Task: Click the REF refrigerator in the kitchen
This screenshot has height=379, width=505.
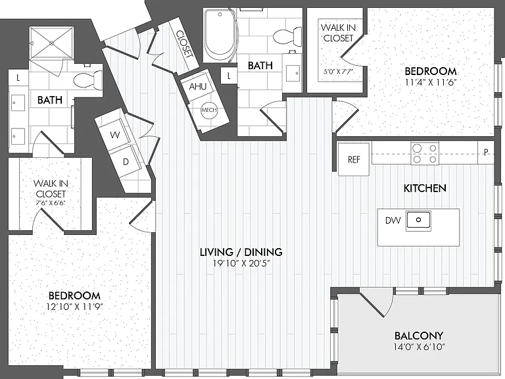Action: coord(354,159)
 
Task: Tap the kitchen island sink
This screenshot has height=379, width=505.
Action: coord(418,220)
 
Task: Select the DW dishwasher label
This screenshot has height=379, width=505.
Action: coord(393,220)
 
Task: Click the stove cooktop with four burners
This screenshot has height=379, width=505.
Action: coord(425,153)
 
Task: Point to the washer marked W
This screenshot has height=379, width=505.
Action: coord(114,135)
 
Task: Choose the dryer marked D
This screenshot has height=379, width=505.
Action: coord(126,161)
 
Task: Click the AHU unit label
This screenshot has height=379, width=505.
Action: coord(198,86)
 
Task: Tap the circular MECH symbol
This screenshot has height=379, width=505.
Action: coord(208,110)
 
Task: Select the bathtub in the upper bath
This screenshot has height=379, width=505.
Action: coord(220,35)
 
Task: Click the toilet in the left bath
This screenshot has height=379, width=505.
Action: coord(88,79)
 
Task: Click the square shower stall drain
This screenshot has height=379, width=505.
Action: coord(51,43)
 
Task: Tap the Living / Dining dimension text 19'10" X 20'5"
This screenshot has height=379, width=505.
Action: coord(241,264)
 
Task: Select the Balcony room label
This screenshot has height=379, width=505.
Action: coord(419,336)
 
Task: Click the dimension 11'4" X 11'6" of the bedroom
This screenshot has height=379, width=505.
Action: coord(431,82)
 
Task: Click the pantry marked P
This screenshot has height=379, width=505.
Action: coord(486,152)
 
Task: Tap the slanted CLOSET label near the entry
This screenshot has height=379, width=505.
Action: coord(184,44)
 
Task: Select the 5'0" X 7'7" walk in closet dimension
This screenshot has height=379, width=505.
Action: coord(339,71)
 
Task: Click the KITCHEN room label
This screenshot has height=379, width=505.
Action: coord(425,188)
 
